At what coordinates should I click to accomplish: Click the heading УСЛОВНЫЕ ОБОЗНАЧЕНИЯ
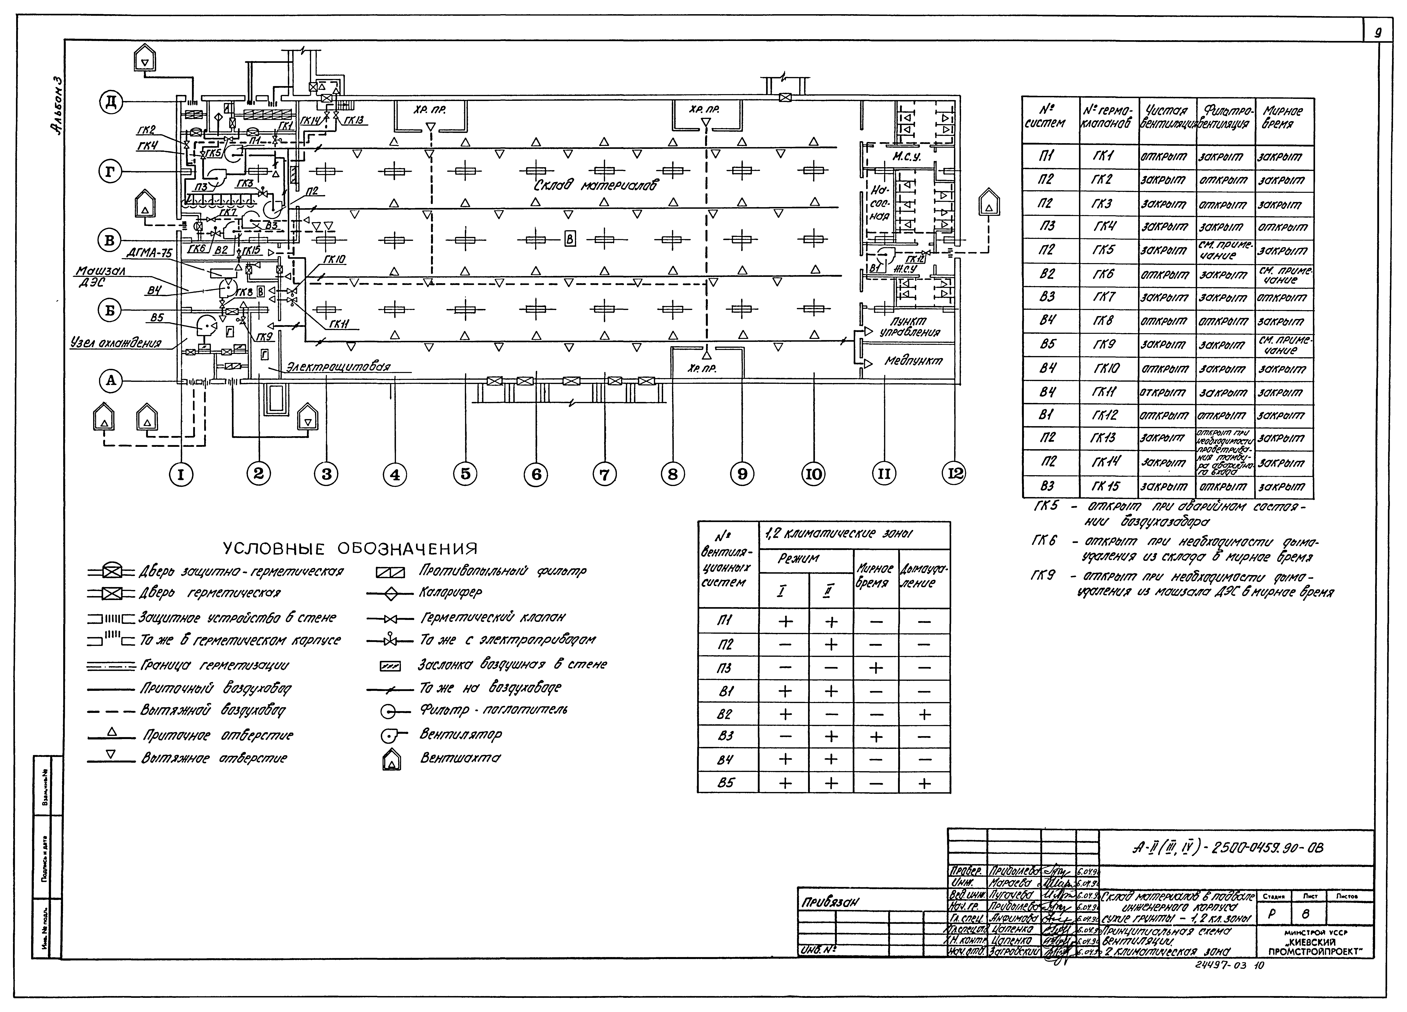point(350,548)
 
